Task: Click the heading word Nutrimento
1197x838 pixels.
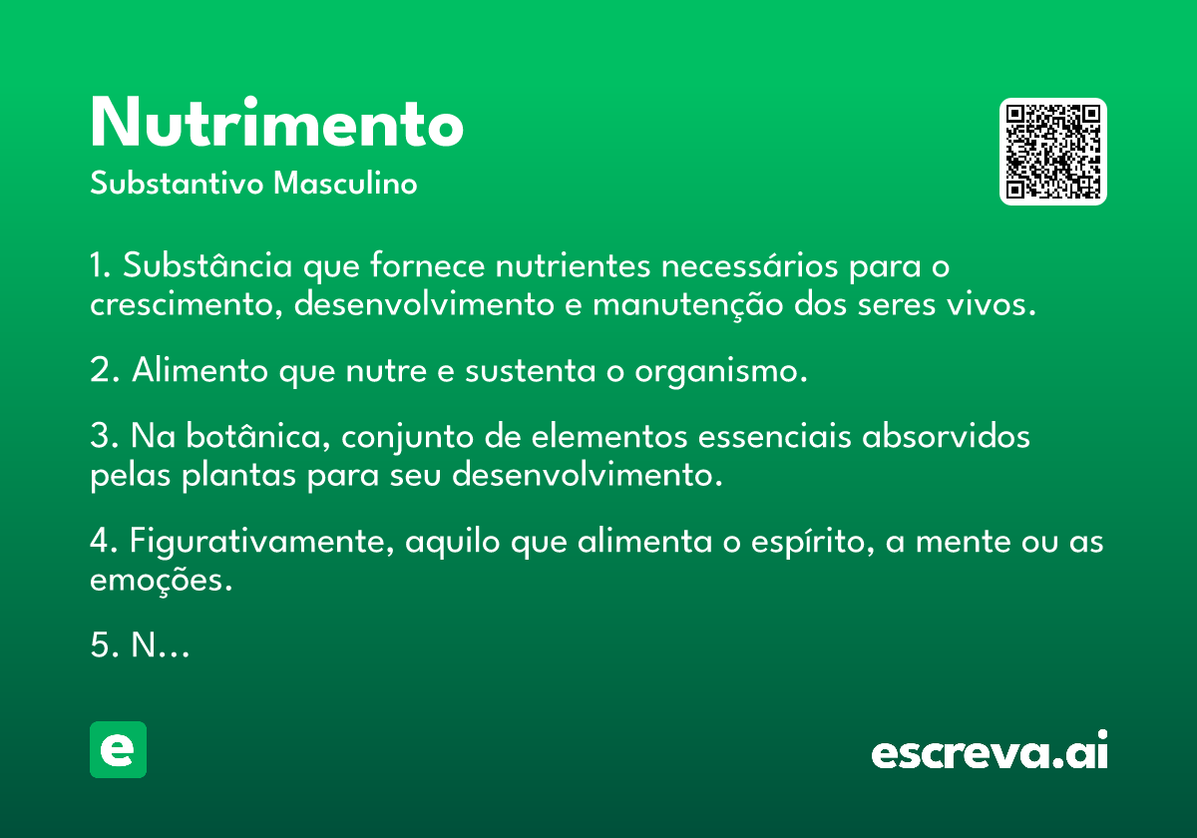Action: (x=277, y=122)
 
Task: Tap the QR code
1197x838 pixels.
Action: (x=1052, y=152)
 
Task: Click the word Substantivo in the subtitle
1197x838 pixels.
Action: (x=177, y=183)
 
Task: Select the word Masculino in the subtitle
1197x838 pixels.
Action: (x=345, y=183)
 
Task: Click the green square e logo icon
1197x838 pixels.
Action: (x=118, y=749)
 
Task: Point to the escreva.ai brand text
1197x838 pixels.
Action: (x=990, y=749)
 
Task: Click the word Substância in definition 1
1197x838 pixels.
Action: (x=207, y=265)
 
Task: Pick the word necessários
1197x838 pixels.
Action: (x=749, y=265)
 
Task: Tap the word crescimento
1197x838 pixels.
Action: (x=186, y=305)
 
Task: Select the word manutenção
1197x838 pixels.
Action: (x=687, y=305)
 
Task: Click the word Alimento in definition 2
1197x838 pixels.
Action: (x=199, y=370)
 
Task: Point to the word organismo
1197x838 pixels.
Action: (x=721, y=371)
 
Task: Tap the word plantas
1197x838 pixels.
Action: (x=238, y=475)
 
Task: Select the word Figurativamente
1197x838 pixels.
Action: (x=261, y=542)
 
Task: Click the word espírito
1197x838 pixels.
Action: (x=813, y=542)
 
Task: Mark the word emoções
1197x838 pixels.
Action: (x=162, y=581)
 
